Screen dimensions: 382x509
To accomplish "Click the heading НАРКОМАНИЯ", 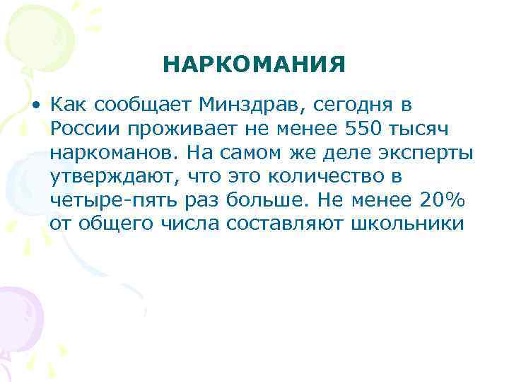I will [255, 66].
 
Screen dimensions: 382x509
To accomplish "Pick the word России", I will [84, 129].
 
